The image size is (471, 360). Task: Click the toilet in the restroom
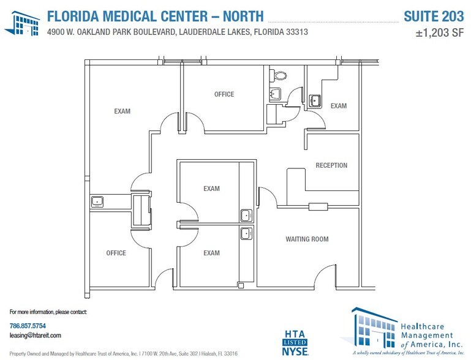pos(280,75)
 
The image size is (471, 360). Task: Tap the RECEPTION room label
pos(331,165)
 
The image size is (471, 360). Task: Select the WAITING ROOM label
pos(307,239)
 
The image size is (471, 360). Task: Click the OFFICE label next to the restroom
pos(224,94)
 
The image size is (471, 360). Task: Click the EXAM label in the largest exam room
pos(122,111)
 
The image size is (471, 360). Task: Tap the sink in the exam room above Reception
pos(315,100)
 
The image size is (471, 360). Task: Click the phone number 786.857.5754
pos(28,325)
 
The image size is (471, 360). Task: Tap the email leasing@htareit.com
pos(36,336)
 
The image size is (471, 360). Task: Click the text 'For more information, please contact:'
pos(48,312)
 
